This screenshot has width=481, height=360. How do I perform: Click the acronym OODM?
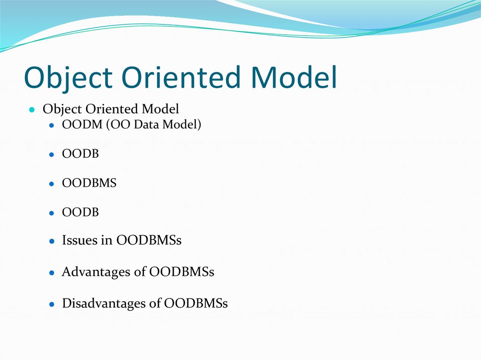[77, 125]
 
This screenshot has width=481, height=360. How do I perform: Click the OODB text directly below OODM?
[80, 154]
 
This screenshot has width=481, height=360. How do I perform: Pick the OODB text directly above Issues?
[80, 212]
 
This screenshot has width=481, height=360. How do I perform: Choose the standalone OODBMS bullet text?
[89, 183]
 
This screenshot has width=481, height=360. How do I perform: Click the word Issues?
[80, 241]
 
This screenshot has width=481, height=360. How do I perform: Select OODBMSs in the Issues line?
[149, 241]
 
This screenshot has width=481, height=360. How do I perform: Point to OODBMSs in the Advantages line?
[181, 272]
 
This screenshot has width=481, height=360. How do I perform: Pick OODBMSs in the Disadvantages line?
[195, 304]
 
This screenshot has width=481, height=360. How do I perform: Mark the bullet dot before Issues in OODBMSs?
[52, 241]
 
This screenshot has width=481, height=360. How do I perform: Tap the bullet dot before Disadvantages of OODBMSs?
[52, 304]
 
